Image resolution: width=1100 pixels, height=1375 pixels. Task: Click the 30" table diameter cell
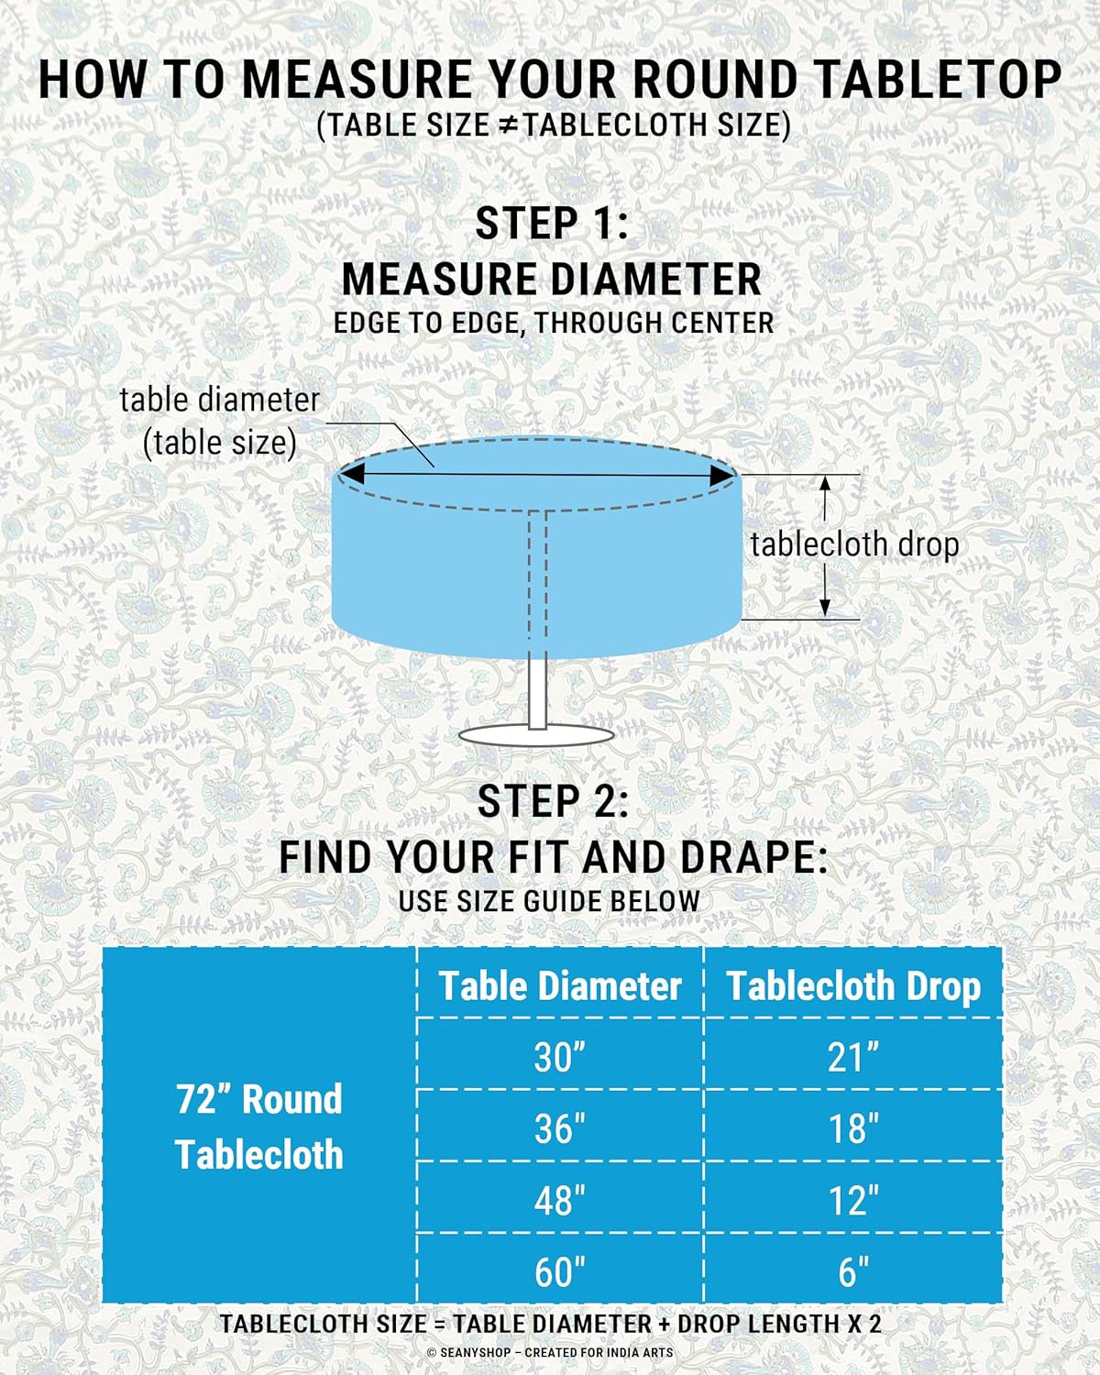[x=560, y=1056]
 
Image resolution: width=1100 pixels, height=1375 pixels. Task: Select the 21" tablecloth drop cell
[x=852, y=1056]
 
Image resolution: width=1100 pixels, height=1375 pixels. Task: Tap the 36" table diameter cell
[x=560, y=1127]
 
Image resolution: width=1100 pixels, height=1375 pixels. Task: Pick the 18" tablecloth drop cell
[x=852, y=1127]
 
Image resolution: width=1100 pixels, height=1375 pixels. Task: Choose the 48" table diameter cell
[x=560, y=1199]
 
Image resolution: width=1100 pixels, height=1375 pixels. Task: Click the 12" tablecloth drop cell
[x=852, y=1199]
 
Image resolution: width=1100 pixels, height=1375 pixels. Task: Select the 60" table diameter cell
[x=560, y=1270]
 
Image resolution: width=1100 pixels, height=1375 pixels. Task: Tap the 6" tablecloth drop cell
[x=852, y=1270]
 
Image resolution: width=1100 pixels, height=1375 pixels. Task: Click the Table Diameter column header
[x=560, y=986]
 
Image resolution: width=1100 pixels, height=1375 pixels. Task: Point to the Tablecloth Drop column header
[x=852, y=986]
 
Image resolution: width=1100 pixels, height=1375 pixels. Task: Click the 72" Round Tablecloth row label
[x=258, y=1127]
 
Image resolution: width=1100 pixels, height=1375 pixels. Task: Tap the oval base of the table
[x=536, y=736]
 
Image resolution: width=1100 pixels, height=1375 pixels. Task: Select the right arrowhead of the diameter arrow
[x=721, y=476]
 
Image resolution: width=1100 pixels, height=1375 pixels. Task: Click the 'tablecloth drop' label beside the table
[x=854, y=544]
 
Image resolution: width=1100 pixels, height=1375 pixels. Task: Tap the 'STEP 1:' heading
[x=552, y=223]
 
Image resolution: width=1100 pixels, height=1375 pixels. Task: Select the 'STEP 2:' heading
[x=553, y=801]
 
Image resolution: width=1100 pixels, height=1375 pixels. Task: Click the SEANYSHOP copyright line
[x=550, y=1353]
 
